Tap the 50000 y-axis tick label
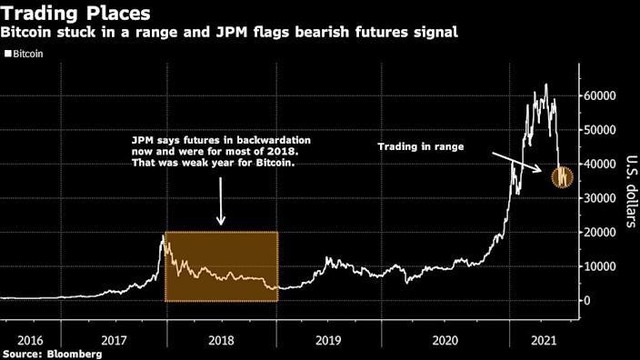click(601, 129)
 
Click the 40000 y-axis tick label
click(601, 163)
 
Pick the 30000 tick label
click(601, 198)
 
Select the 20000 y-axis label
click(601, 232)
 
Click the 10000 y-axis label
click(601, 266)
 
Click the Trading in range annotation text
click(423, 146)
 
